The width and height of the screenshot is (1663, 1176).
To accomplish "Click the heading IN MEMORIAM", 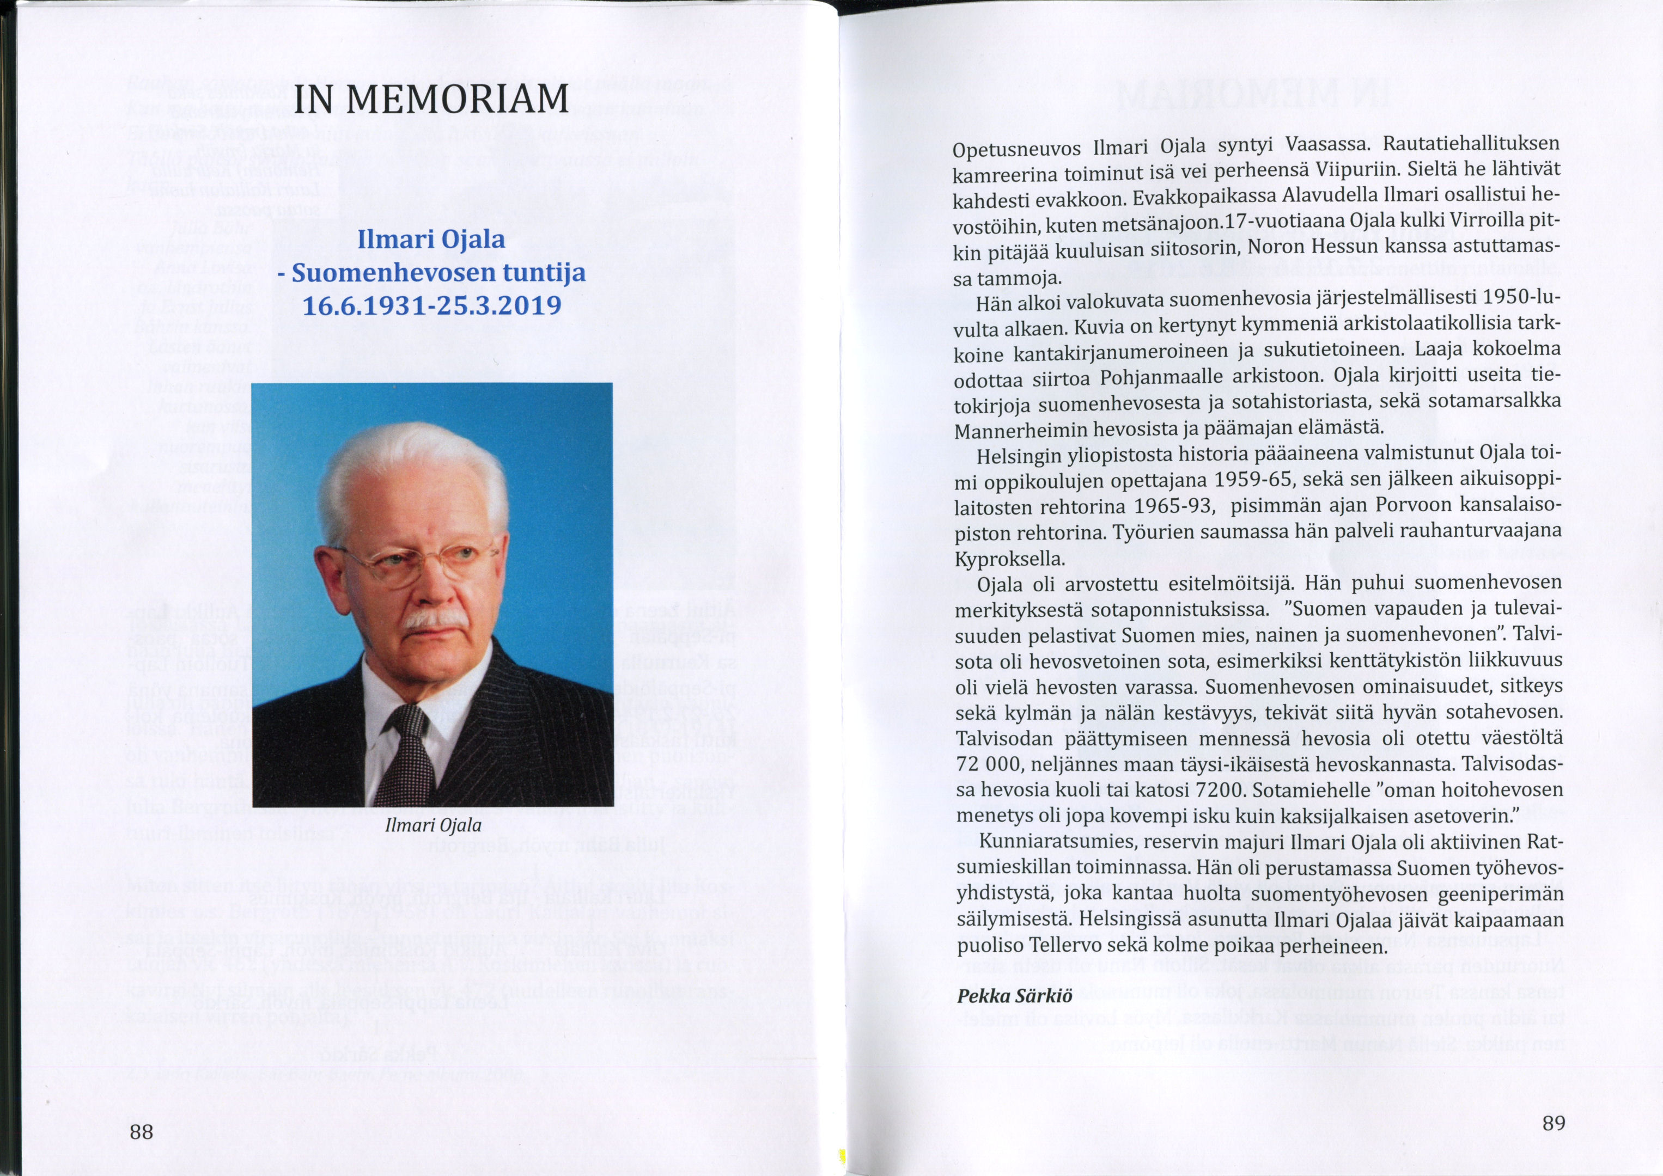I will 432,99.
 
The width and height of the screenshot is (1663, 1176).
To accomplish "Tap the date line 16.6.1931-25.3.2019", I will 432,305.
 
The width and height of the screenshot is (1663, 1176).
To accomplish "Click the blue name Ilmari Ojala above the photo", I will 432,239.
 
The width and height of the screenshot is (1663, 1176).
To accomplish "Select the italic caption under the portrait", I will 433,825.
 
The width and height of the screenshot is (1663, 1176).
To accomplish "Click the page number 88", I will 141,1132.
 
